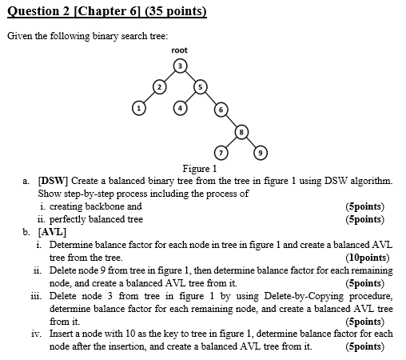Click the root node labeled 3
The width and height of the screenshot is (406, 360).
[181, 64]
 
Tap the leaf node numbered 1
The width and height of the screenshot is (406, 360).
[138, 106]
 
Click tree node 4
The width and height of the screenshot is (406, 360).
[181, 106]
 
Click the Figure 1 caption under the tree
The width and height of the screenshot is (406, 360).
[200, 169]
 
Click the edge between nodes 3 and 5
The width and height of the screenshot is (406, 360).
[191, 74]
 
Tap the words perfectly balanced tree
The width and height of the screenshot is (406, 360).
[96, 218]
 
